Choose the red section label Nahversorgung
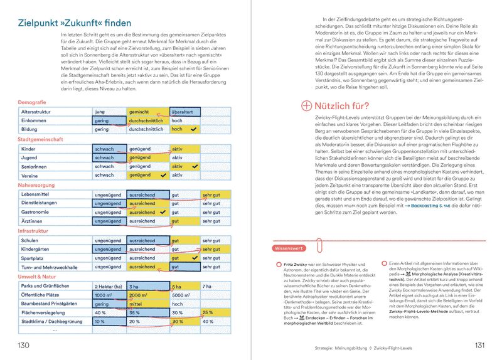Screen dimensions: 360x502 [x=37, y=186]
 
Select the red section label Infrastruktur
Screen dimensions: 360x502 [x=35, y=231]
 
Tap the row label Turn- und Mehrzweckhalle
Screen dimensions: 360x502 [x=51, y=268]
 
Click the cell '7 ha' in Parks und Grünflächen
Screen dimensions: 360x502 [x=208, y=287]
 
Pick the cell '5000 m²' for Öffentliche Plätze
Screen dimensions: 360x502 [x=181, y=295]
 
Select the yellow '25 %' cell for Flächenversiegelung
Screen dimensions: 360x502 [x=208, y=313]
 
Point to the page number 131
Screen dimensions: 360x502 [x=480, y=346]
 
